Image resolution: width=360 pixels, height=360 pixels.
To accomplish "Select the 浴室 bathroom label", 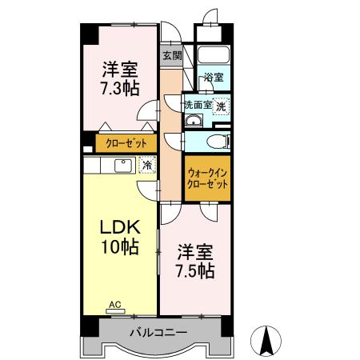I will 213,78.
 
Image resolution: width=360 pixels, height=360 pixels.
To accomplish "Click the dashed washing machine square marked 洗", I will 220,105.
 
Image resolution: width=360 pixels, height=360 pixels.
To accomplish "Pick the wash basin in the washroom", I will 194,121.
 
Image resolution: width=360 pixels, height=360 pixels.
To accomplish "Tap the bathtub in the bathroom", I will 214,57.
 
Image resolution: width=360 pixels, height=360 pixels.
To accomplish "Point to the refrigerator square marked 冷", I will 146,165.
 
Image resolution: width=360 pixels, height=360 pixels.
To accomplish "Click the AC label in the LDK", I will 115,305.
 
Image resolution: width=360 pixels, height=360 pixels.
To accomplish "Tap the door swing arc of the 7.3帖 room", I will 146,112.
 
